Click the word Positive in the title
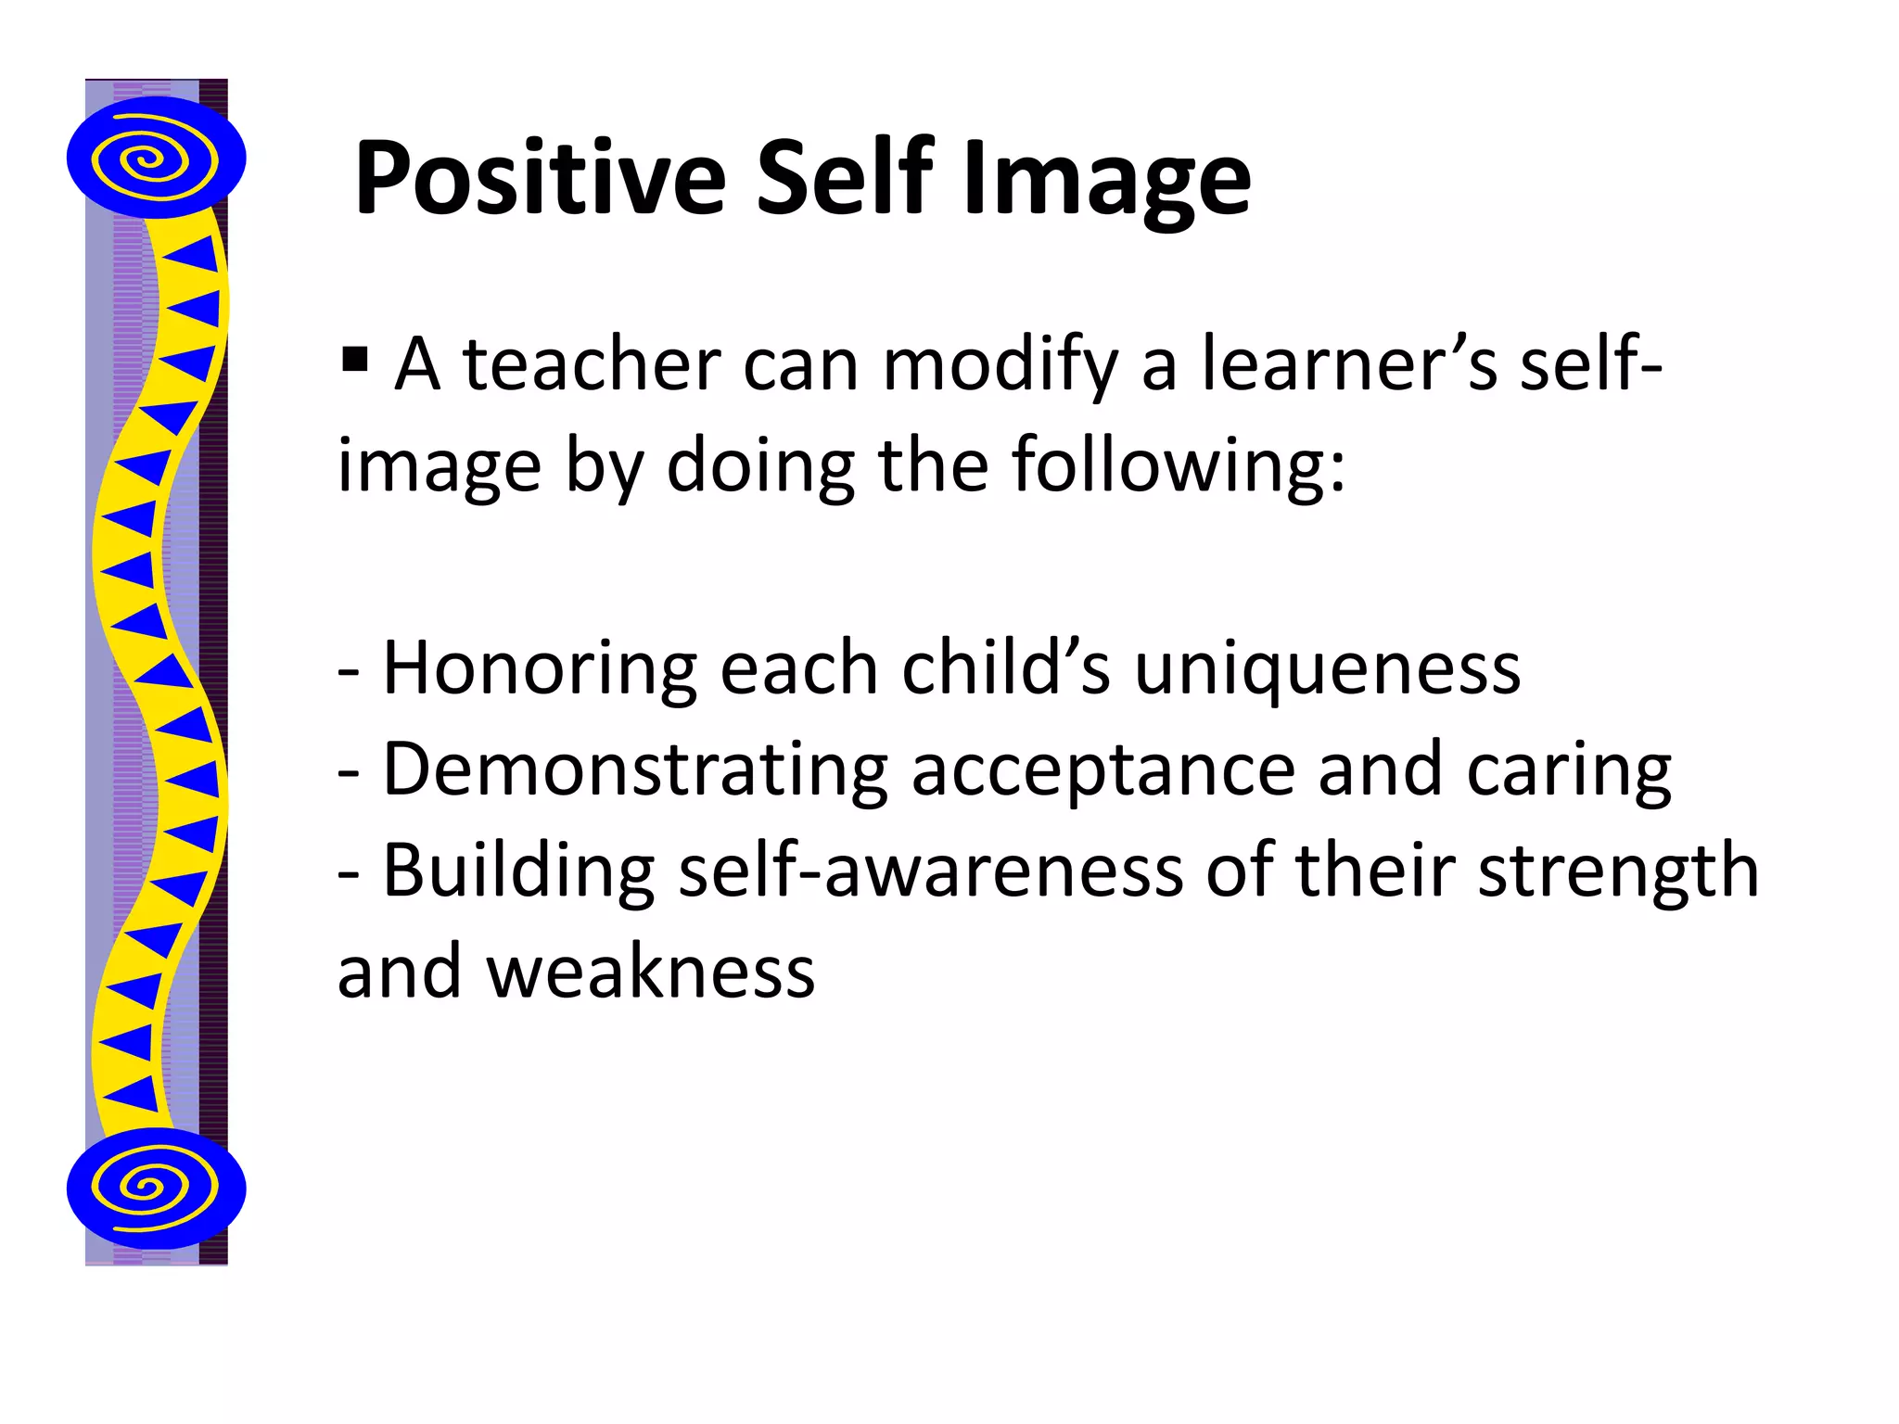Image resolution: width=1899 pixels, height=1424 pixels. pyautogui.click(x=540, y=178)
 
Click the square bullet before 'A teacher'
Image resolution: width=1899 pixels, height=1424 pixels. pyautogui.click(x=354, y=359)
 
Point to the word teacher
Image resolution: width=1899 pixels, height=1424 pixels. pyautogui.click(x=592, y=365)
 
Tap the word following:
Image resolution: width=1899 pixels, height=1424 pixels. pyautogui.click(x=1178, y=465)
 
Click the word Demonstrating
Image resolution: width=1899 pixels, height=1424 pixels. pyautogui.click(x=635, y=770)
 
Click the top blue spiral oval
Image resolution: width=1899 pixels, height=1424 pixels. pyautogui.click(x=156, y=158)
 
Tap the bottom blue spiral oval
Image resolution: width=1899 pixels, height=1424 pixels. pyautogui.click(x=156, y=1188)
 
